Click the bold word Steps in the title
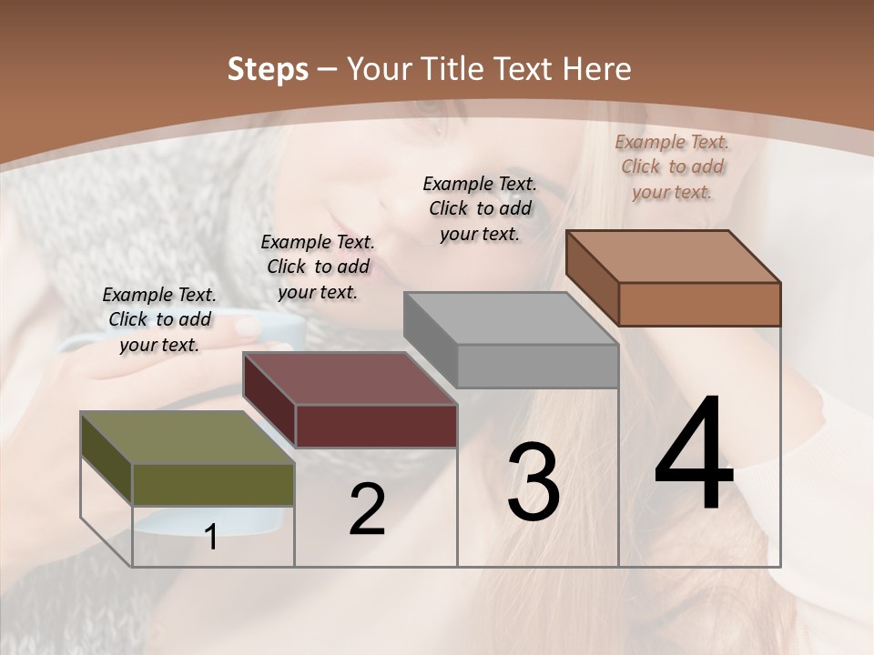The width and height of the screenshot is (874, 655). coord(268,69)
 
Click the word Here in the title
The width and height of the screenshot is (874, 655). coord(597,69)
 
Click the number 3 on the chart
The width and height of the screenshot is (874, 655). coord(534,482)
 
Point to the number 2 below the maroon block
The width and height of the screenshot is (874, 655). coord(367,509)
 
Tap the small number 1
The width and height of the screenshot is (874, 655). coord(211,537)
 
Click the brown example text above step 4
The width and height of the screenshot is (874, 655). coord(672,166)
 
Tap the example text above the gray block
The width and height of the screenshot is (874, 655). coord(480,208)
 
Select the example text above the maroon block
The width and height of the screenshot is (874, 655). coord(318,267)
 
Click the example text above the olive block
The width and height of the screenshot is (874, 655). coord(159,319)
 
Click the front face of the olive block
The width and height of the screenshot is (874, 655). coord(213,484)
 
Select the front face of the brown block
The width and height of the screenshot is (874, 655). coord(699,304)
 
